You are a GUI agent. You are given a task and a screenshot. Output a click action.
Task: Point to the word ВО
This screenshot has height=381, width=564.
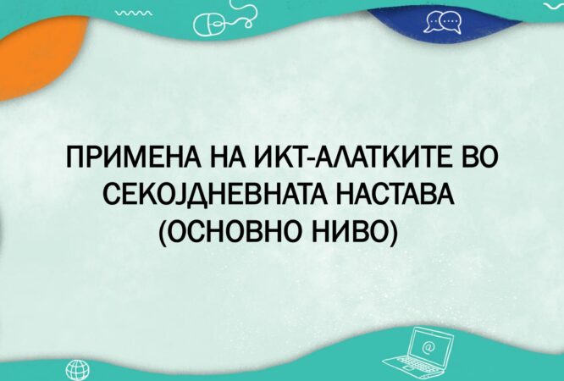(475, 157)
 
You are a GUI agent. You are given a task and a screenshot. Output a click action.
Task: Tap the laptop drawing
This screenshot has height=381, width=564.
(417, 351)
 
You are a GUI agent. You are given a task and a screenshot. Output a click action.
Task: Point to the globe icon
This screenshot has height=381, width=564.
(78, 370)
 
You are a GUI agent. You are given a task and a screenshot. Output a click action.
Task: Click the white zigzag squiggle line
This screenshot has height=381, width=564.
(133, 13)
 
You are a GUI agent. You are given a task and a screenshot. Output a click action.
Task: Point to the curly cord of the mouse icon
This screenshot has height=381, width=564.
(245, 14)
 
